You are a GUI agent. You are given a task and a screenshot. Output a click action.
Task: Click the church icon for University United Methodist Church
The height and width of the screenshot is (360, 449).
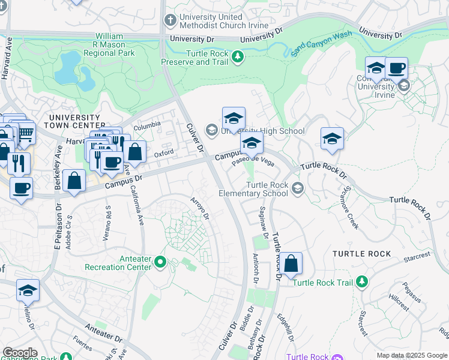click(170, 20)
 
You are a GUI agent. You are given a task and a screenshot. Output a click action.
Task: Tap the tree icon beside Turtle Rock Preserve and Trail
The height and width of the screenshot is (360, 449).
click(238, 57)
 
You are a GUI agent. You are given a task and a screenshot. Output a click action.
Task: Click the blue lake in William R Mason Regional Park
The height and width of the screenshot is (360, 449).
click(74, 69)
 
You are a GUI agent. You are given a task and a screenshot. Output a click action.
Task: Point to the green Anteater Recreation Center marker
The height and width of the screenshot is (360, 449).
click(160, 262)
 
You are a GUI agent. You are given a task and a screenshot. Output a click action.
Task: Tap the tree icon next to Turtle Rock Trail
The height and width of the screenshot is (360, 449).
click(361, 281)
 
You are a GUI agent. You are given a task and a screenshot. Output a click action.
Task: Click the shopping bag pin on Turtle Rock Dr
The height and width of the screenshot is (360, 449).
click(290, 263)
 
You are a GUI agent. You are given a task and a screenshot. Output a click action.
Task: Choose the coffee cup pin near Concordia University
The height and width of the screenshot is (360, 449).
click(396, 69)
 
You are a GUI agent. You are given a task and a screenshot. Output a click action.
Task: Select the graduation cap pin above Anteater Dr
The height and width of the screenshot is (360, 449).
click(28, 291)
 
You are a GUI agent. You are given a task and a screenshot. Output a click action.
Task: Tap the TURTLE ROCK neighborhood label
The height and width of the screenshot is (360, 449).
click(362, 254)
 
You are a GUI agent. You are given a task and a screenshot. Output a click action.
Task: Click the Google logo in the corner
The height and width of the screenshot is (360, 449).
click(19, 353)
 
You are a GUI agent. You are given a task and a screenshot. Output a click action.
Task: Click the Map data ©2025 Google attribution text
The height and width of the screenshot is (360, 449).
click(412, 355)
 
